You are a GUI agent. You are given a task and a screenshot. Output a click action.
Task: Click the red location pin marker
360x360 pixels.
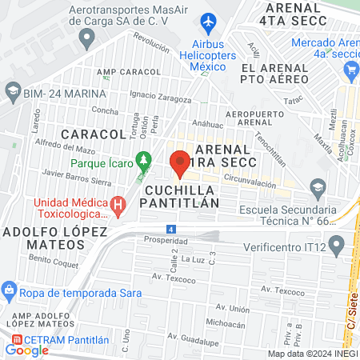pyautogui.click(x=180, y=163)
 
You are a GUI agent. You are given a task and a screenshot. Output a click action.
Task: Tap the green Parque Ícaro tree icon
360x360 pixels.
pyautogui.click(x=144, y=159)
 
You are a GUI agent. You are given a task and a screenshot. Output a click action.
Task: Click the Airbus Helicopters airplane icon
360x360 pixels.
pyautogui.click(x=210, y=20)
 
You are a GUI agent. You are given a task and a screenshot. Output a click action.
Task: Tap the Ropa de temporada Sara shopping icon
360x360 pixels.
pyautogui.click(x=9, y=288)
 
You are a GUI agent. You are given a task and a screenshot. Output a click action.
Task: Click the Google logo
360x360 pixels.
pyautogui.click(x=26, y=350)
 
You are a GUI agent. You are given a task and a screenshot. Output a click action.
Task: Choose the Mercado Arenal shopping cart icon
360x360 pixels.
pyautogui.click(x=350, y=70)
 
